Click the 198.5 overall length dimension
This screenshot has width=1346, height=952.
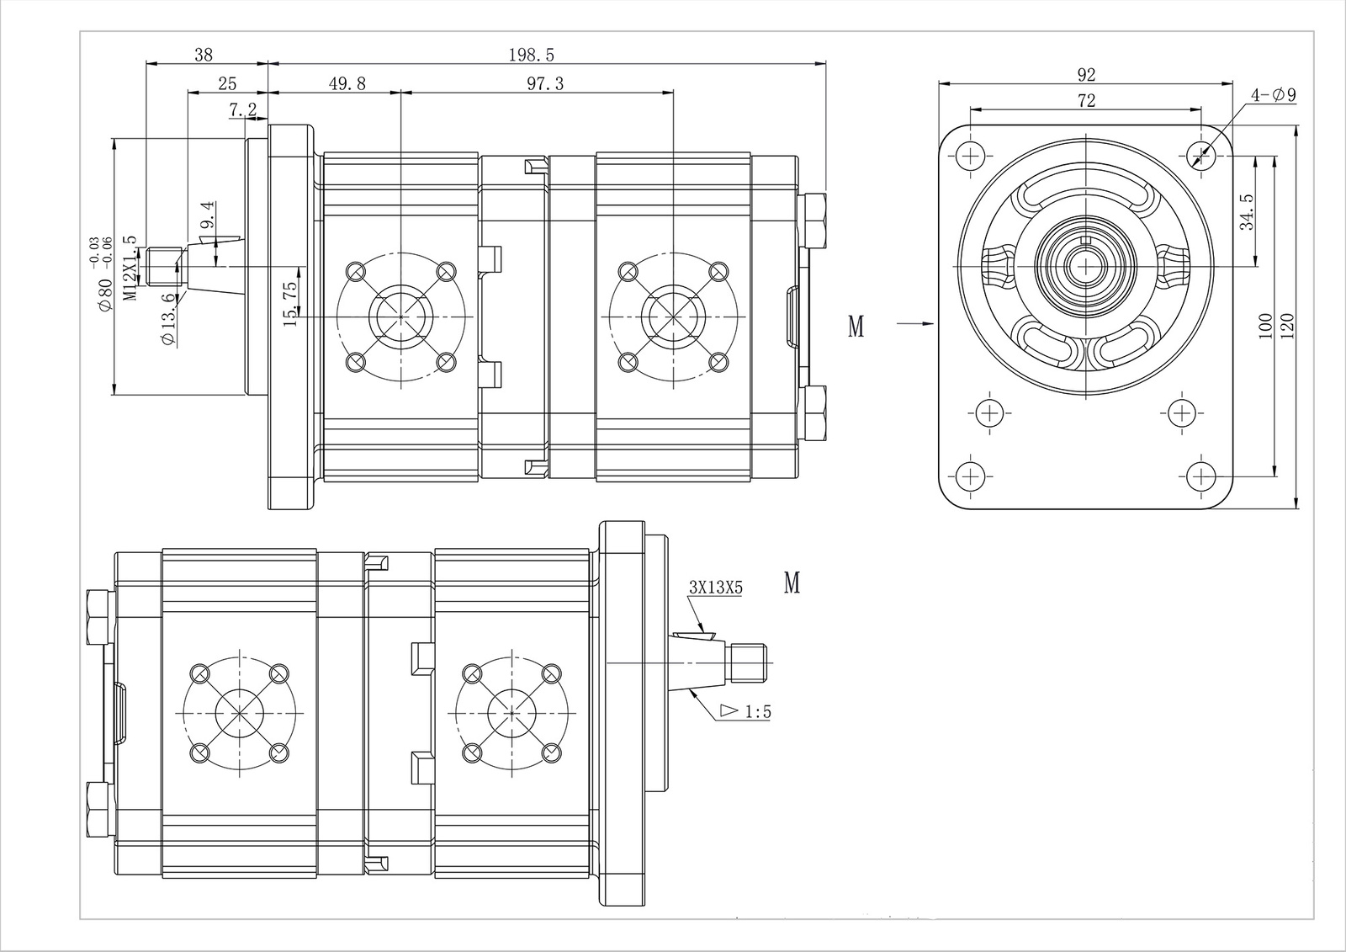[532, 55]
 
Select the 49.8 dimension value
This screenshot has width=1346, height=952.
[347, 82]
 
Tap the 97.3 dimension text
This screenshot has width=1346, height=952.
[545, 82]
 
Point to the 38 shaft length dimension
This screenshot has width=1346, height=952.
[204, 55]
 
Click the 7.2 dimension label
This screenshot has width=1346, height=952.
[242, 109]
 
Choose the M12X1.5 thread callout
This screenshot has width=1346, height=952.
[130, 268]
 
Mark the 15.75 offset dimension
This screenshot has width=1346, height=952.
[290, 303]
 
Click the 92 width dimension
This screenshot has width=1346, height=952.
[1086, 74]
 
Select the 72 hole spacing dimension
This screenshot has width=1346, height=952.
[1086, 100]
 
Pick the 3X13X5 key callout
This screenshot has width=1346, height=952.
[715, 588]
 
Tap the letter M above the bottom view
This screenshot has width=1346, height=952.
[792, 582]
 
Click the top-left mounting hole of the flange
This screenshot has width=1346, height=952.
[971, 155]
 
